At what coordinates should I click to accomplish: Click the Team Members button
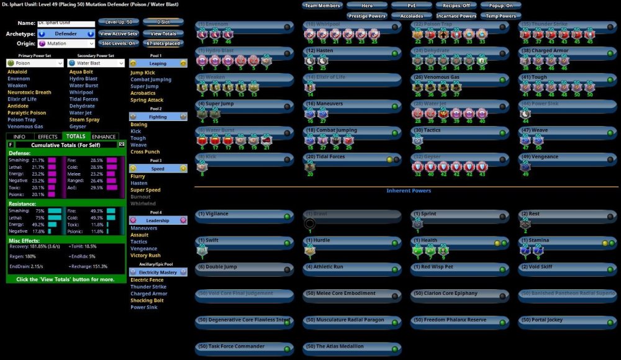click(322, 6)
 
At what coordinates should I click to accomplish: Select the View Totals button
click(163, 34)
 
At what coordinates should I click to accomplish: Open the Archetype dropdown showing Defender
click(65, 34)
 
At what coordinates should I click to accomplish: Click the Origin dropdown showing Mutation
click(65, 43)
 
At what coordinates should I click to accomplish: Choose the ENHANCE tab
click(104, 137)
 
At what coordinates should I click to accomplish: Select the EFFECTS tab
click(48, 137)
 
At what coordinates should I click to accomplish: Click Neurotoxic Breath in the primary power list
click(29, 92)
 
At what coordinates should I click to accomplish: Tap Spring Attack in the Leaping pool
click(147, 100)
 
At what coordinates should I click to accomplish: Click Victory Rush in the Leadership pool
click(145, 255)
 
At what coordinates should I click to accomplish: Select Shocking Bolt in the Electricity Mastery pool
click(147, 300)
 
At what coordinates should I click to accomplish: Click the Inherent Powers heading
click(408, 191)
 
